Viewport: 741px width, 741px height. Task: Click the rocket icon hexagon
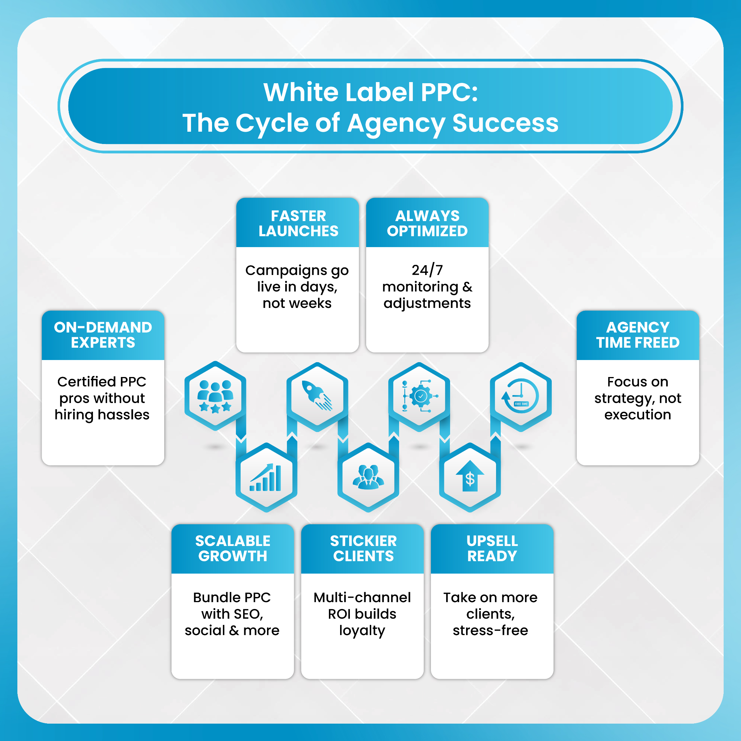(x=317, y=396)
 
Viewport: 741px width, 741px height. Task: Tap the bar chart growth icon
(x=266, y=478)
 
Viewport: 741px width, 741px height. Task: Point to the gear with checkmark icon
(x=419, y=396)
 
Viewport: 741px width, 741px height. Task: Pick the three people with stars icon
(x=215, y=396)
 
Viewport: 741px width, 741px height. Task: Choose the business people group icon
(x=368, y=478)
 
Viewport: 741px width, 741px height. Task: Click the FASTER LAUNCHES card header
(x=298, y=223)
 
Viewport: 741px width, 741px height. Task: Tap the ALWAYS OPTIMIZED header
(x=427, y=223)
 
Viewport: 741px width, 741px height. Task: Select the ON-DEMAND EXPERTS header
(x=103, y=335)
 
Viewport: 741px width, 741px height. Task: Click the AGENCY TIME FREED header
(x=638, y=335)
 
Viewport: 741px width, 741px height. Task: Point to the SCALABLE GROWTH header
(x=233, y=549)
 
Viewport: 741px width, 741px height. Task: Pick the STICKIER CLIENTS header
(x=363, y=549)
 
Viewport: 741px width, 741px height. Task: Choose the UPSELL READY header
(x=492, y=549)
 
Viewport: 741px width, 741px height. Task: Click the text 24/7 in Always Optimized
(x=427, y=270)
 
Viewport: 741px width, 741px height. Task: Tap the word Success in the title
(x=505, y=123)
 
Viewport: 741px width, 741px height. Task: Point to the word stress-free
(x=490, y=631)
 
